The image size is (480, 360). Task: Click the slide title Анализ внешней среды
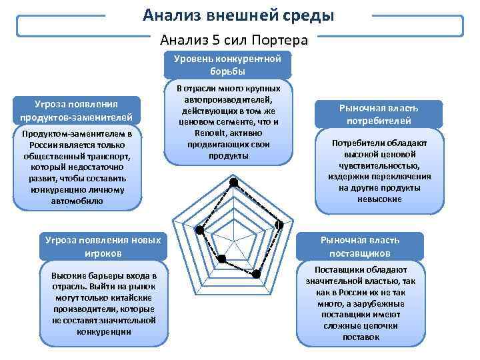tap(239, 15)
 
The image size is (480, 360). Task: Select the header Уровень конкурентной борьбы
tap(227, 65)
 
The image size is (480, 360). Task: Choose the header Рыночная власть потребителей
tap(379, 114)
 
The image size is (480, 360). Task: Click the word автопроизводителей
tap(227, 99)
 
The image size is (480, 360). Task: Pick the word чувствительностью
tap(379, 165)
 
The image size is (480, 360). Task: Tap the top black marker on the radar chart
tap(233, 183)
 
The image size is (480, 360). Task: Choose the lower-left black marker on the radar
tap(222, 257)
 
